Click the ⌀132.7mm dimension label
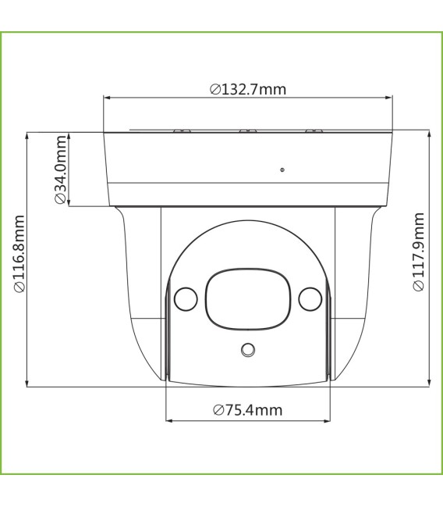[247, 88]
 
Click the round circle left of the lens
[185, 298]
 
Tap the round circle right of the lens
[310, 298]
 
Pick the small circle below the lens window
[248, 350]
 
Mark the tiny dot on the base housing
[282, 169]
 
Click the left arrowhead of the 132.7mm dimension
[108, 98]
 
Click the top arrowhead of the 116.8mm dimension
[29, 135]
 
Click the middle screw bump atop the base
[247, 130]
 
